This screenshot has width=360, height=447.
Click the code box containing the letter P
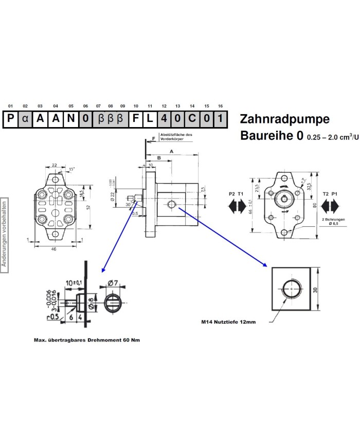click(x=11, y=119)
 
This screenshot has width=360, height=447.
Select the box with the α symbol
click(x=26, y=119)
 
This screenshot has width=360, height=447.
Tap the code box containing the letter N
click(x=70, y=119)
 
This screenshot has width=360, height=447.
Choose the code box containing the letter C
click(x=191, y=119)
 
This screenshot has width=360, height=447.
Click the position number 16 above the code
click(x=220, y=106)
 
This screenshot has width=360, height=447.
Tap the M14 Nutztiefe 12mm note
click(x=228, y=323)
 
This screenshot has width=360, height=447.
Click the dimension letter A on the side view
click(x=172, y=152)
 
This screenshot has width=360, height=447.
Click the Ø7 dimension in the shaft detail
click(x=114, y=282)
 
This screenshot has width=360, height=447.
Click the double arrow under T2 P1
click(x=329, y=206)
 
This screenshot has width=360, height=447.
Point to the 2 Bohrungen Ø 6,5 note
click(x=334, y=222)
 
